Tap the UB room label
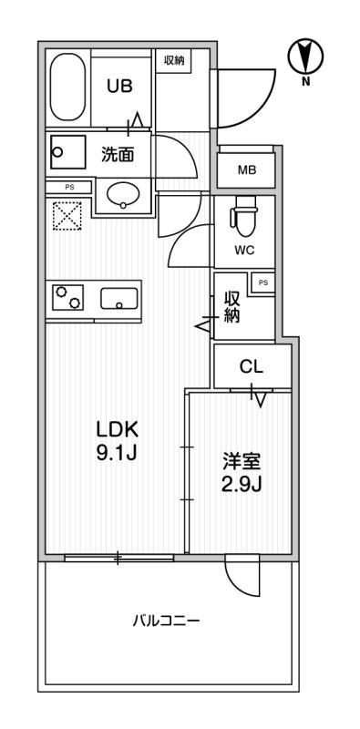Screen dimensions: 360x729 coord(120,86)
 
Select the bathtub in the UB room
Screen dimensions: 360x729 coord(68,87)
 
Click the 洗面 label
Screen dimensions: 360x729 coord(118,155)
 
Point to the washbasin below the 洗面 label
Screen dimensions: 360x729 coord(123,195)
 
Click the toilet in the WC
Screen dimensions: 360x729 coord(243,216)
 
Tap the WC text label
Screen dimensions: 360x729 coord(243,252)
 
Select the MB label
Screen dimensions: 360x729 coord(247,170)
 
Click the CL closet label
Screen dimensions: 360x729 coord(252,367)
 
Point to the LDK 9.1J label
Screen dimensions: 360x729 coord(117,441)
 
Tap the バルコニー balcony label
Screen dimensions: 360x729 coord(166,621)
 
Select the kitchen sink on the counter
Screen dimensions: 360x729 coord(119,298)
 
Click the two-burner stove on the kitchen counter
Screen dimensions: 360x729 coord(67,297)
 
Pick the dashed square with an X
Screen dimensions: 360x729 coord(67,215)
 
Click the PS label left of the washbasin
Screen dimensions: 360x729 coord(69,188)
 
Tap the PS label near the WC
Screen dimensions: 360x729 coord(263,282)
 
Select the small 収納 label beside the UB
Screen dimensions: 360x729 coord(174,60)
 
